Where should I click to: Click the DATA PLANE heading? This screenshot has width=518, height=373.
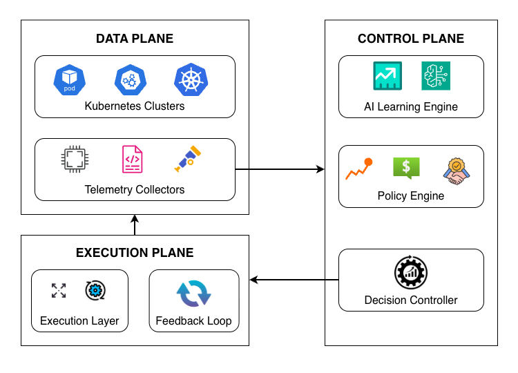tap(135, 39)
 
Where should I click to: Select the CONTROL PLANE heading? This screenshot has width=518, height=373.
tap(411, 39)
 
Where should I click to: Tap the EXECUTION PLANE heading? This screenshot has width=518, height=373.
tap(135, 253)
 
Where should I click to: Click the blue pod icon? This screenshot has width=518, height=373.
tap(68, 79)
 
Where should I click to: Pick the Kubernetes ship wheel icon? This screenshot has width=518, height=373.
tap(189, 79)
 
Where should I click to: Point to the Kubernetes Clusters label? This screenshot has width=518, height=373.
tap(135, 106)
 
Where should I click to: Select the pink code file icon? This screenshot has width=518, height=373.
tap(132, 160)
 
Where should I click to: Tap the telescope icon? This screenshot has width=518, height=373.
tap(188, 159)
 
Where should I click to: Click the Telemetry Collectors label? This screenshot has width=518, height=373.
tap(135, 189)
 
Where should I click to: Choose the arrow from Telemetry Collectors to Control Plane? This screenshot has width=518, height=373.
tap(280, 169)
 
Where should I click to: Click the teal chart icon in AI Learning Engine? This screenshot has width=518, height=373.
tap(387, 76)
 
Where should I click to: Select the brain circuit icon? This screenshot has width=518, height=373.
tap(435, 76)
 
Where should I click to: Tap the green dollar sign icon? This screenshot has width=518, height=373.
tap(406, 168)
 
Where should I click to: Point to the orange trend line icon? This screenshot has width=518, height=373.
tap(359, 169)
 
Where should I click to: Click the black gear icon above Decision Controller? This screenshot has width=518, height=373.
tap(411, 273)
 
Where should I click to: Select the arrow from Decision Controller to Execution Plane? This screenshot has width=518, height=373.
tap(294, 280)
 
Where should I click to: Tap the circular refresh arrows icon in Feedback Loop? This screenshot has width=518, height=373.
tap(194, 294)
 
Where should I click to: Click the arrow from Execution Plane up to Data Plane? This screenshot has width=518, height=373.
tap(135, 224)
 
